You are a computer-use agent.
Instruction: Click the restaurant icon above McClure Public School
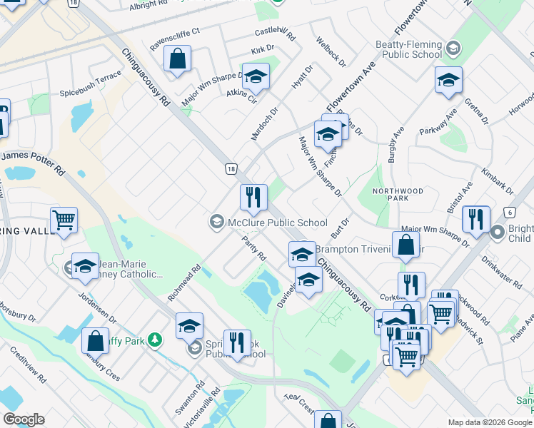[253, 198]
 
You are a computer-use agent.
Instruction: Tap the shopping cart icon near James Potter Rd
[64, 221]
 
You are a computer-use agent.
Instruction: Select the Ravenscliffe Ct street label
[176, 41]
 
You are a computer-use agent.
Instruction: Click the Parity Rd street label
[254, 248]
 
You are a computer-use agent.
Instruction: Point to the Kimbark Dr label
[498, 181]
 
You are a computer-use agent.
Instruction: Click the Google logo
[24, 419]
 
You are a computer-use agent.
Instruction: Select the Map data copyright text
[490, 422]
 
